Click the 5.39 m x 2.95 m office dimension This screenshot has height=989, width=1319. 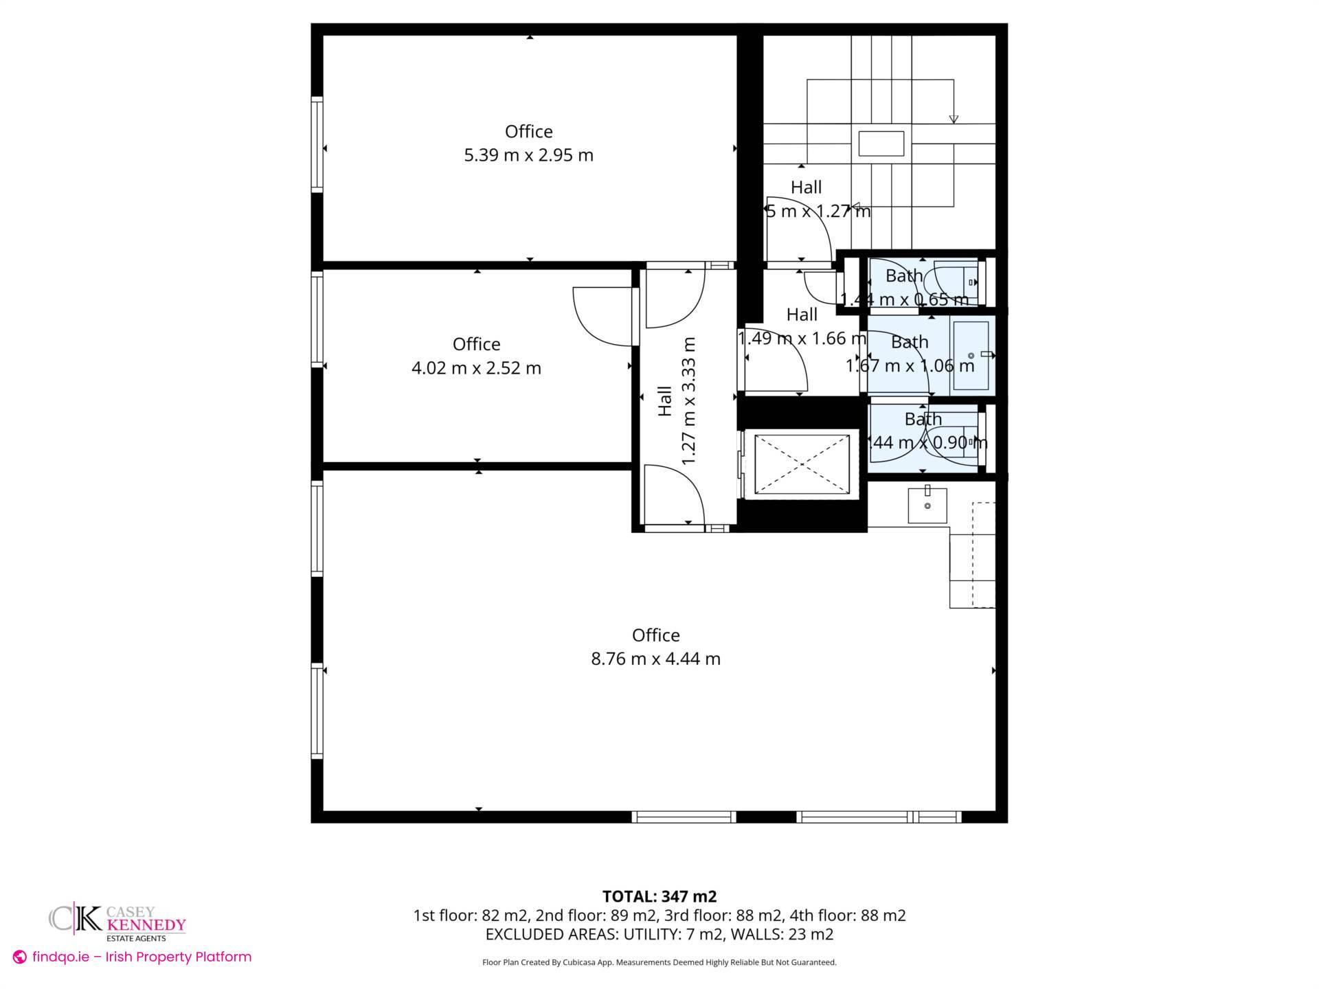click(x=528, y=155)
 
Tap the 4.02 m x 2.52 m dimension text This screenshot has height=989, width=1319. click(x=476, y=368)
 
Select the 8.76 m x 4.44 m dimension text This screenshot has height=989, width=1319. click(x=655, y=659)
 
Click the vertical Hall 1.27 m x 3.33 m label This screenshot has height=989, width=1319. click(x=677, y=400)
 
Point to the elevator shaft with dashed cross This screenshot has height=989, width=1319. click(x=802, y=464)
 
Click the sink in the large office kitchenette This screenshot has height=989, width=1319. click(x=927, y=505)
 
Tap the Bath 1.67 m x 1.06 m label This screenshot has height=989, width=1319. click(x=910, y=354)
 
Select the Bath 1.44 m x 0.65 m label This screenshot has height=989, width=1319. click(x=904, y=287)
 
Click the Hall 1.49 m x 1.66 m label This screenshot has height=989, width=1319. click(x=802, y=326)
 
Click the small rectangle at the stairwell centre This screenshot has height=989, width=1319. click(x=881, y=144)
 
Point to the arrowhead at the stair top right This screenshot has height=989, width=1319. click(x=954, y=120)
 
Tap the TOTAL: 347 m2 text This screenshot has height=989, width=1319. click(x=659, y=896)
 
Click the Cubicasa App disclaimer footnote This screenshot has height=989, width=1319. click(x=659, y=962)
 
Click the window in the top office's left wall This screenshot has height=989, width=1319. click(x=317, y=144)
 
